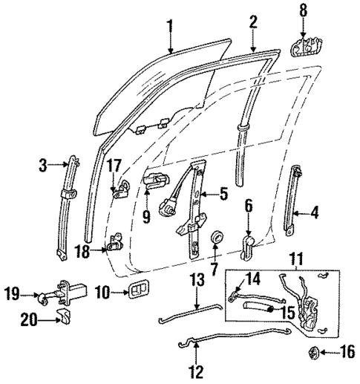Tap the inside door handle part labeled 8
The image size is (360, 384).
pos(302,45)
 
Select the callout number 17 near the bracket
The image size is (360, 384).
pos(113,164)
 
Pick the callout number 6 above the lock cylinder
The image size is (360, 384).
pos(248,205)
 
